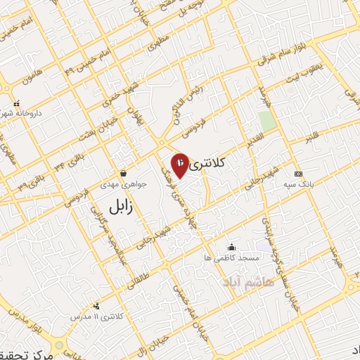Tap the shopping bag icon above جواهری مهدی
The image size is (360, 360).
point(124,173)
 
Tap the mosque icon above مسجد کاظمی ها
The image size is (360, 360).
point(232,247)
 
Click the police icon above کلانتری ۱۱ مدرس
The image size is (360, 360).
point(96,306)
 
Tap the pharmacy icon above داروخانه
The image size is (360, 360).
point(16,103)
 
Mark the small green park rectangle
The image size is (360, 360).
point(266,120)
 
